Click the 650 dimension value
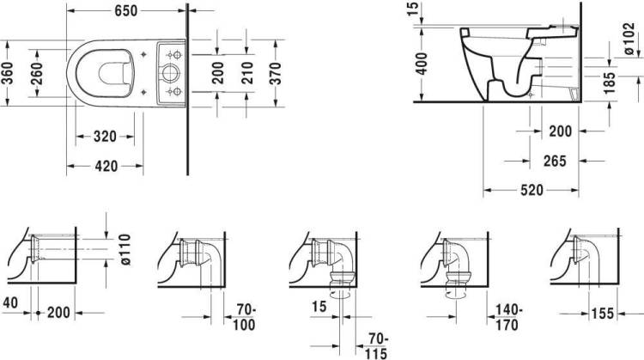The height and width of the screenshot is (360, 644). pos(125,11)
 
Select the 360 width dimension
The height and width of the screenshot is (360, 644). pos(8,73)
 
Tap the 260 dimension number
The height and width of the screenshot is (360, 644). pos(37,73)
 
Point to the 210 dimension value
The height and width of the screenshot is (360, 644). pos(247,73)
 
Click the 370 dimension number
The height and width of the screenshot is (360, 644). pos(276,73)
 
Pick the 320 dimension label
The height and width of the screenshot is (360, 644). pos(105,137)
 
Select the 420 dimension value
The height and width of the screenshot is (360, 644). pos(106,166)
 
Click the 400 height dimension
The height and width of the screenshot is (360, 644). pos(422,63)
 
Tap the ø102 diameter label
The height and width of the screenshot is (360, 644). pos(629,39)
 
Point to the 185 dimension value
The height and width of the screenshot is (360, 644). pos(610,82)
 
